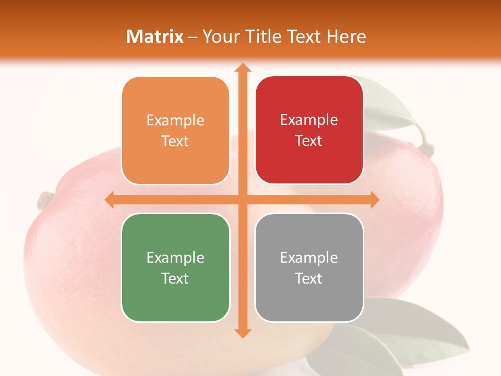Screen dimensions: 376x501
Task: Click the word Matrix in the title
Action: point(155,37)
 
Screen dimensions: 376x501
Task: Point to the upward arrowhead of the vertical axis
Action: point(242,68)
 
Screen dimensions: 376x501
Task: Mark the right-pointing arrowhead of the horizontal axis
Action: point(374,199)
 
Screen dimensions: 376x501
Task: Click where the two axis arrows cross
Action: point(242,199)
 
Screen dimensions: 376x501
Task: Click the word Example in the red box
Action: point(309,120)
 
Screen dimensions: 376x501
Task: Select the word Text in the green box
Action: point(175,278)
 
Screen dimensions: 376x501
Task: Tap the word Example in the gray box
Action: point(309,257)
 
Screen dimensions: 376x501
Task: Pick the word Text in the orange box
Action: point(175,141)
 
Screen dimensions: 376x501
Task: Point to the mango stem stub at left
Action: point(45,200)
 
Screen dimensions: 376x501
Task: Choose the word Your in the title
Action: point(219,37)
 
